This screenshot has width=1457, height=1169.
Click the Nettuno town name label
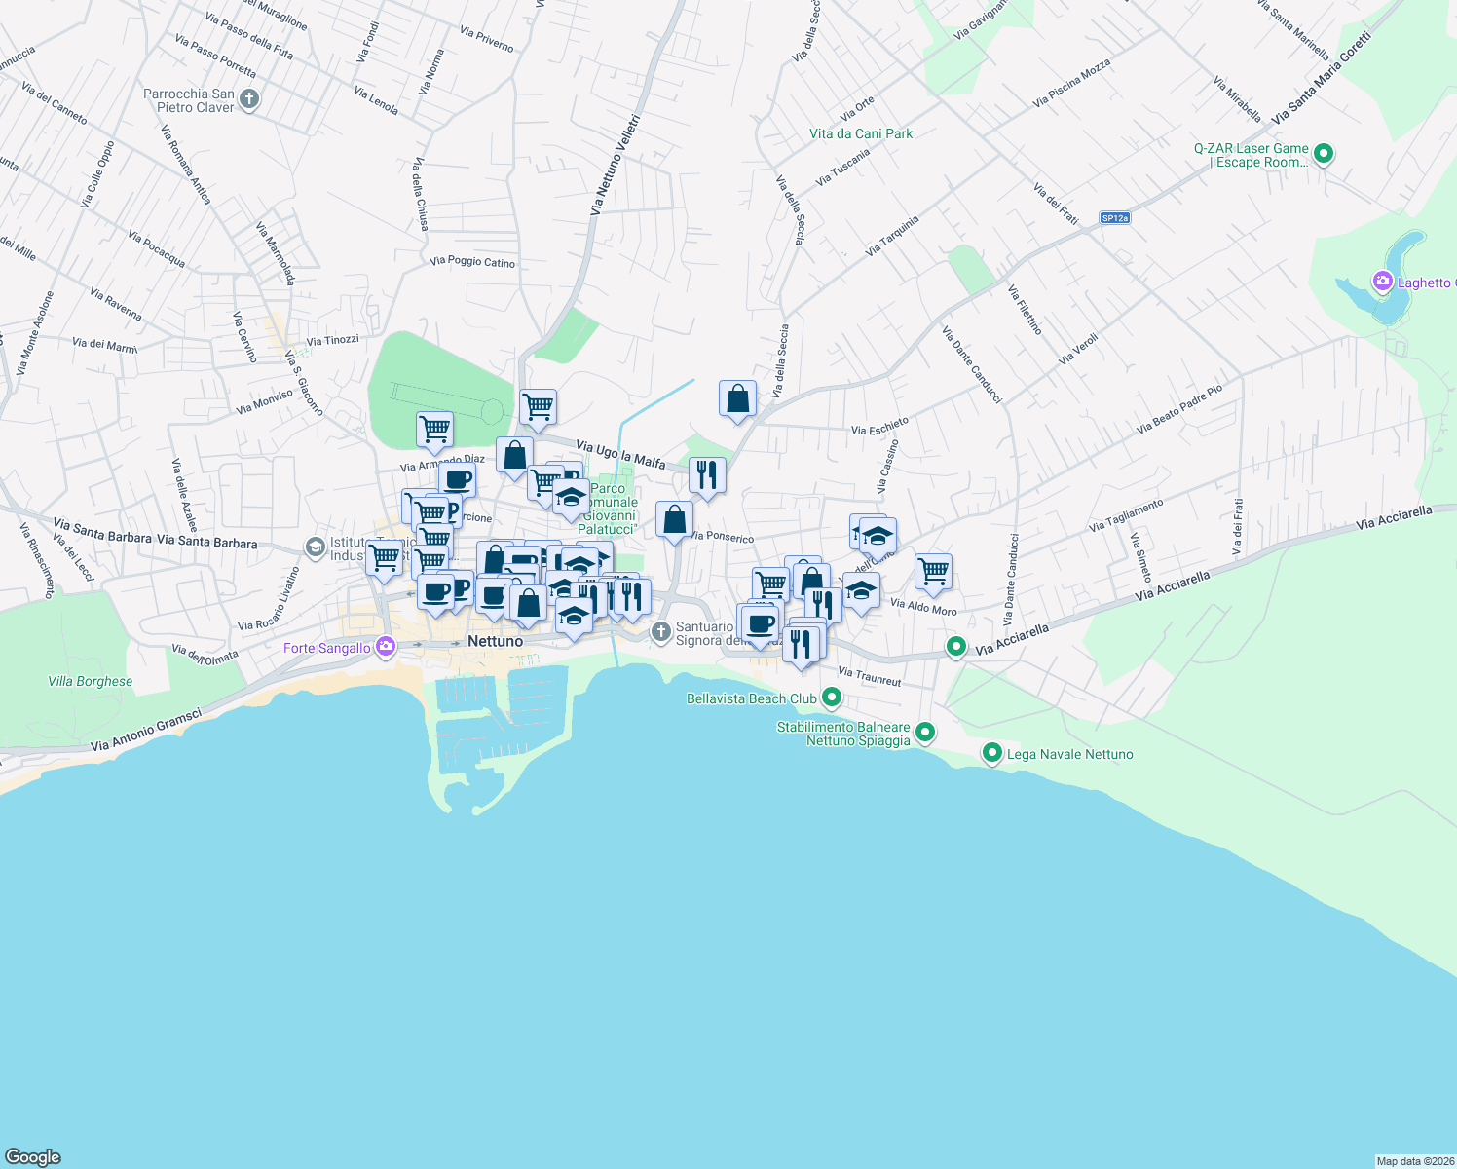coord(495,641)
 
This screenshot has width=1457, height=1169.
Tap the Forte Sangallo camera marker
coord(386,647)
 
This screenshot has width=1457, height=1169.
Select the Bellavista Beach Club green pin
coord(831,698)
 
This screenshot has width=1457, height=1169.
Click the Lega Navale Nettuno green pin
coord(991,753)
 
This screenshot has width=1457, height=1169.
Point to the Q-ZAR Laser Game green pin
coord(1323,153)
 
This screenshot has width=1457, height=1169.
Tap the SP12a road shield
coord(1115,218)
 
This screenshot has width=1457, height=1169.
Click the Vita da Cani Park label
coord(861,133)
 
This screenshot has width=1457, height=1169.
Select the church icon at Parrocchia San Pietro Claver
coord(249,99)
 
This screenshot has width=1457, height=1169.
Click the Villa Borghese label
coord(91,681)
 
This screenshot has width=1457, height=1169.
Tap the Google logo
coord(33,1156)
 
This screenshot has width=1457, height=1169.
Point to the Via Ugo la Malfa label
coord(620,454)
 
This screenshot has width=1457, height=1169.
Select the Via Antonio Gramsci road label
coord(146,731)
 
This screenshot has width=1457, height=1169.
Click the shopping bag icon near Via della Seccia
coord(737,398)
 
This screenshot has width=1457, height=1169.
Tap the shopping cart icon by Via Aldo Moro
coord(933,571)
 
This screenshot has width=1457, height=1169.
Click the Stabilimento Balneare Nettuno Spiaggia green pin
coord(925,732)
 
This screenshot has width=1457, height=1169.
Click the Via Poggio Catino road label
coord(472,262)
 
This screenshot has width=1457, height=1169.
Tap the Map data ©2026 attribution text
coord(1415,1161)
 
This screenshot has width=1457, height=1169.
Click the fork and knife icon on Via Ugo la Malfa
coord(707,474)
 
